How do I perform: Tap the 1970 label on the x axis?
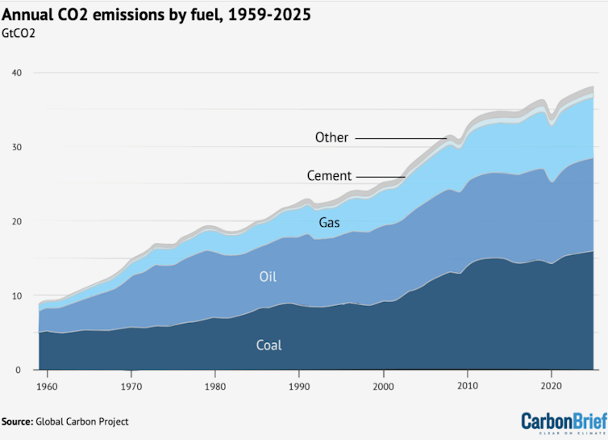click(131, 386)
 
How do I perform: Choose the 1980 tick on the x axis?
click(215, 386)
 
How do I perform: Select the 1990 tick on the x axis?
click(299, 386)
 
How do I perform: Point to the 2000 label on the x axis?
click(383, 386)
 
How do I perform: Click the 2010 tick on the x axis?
click(468, 386)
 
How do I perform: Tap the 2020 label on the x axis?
click(552, 386)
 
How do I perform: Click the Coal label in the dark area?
click(269, 345)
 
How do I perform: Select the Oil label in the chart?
click(268, 277)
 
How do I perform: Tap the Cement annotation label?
click(329, 176)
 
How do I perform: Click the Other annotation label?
click(331, 137)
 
